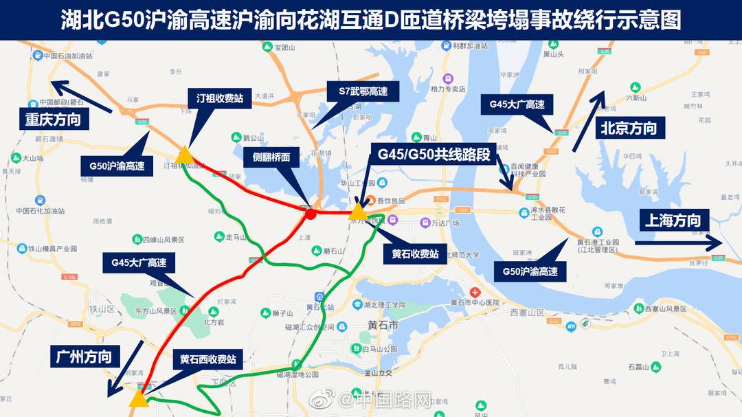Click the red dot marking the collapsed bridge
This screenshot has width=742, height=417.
311,214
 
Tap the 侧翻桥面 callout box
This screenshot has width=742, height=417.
271,157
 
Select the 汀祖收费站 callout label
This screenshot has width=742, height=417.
220,98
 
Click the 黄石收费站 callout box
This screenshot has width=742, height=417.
416,252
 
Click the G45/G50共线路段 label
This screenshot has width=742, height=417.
434,155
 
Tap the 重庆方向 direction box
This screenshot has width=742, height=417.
54,120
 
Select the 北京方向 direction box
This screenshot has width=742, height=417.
629,128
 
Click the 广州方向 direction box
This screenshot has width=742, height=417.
85,357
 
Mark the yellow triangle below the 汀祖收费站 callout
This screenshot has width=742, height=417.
183,155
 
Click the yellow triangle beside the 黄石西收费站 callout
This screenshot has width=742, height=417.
139,398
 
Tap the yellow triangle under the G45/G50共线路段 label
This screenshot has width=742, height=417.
358,212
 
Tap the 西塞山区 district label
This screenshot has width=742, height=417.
528,313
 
